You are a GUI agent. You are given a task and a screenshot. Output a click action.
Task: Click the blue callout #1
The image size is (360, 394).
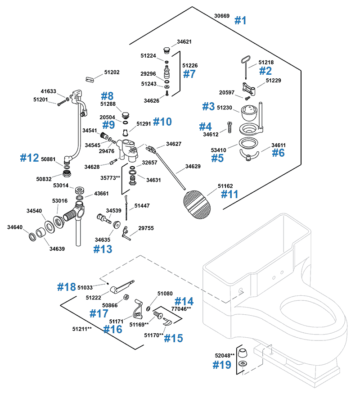click(x=241, y=20)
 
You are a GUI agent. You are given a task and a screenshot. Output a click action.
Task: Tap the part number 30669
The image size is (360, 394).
click(x=222, y=16)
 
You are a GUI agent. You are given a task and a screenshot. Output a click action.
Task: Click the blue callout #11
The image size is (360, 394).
click(x=229, y=194)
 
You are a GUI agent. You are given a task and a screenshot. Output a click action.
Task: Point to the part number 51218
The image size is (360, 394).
click(x=266, y=62)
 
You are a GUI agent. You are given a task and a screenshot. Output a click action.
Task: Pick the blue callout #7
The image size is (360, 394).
click(x=189, y=74)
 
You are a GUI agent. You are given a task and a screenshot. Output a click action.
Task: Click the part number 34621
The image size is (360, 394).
click(x=184, y=42)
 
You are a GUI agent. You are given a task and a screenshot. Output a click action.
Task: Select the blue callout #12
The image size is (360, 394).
click(x=30, y=158)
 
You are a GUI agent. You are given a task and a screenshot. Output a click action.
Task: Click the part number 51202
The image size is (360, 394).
click(x=112, y=72)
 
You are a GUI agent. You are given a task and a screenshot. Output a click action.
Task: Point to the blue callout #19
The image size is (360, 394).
click(x=222, y=365)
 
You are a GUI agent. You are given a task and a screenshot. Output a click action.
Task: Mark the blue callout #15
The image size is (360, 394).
click(x=173, y=338)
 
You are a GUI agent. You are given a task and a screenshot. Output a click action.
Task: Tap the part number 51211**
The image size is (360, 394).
click(x=83, y=329)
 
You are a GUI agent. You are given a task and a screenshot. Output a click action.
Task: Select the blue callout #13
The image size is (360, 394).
click(x=103, y=249)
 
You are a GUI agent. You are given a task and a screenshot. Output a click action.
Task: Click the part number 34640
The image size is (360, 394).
click(x=15, y=227)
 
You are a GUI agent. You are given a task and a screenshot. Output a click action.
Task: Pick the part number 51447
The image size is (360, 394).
click(x=142, y=206)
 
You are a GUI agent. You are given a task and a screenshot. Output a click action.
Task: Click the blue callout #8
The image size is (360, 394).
click(x=107, y=96)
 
